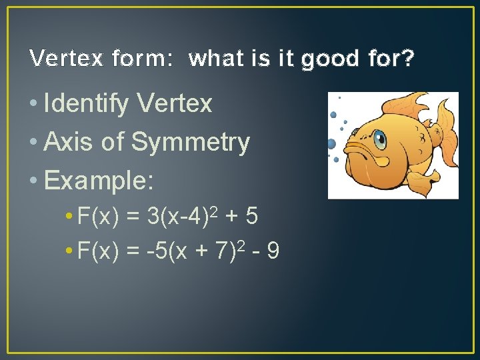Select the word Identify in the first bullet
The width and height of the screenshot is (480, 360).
click(86, 103)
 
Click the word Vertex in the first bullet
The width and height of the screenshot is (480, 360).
click(174, 103)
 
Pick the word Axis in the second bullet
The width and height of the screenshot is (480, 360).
click(67, 142)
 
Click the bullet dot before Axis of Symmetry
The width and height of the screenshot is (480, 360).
click(34, 143)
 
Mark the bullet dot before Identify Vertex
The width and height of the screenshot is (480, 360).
click(34, 104)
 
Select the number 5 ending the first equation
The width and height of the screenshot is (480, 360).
click(252, 216)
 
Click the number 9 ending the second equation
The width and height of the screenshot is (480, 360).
click(273, 251)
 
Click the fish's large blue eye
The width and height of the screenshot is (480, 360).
click(379, 140)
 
